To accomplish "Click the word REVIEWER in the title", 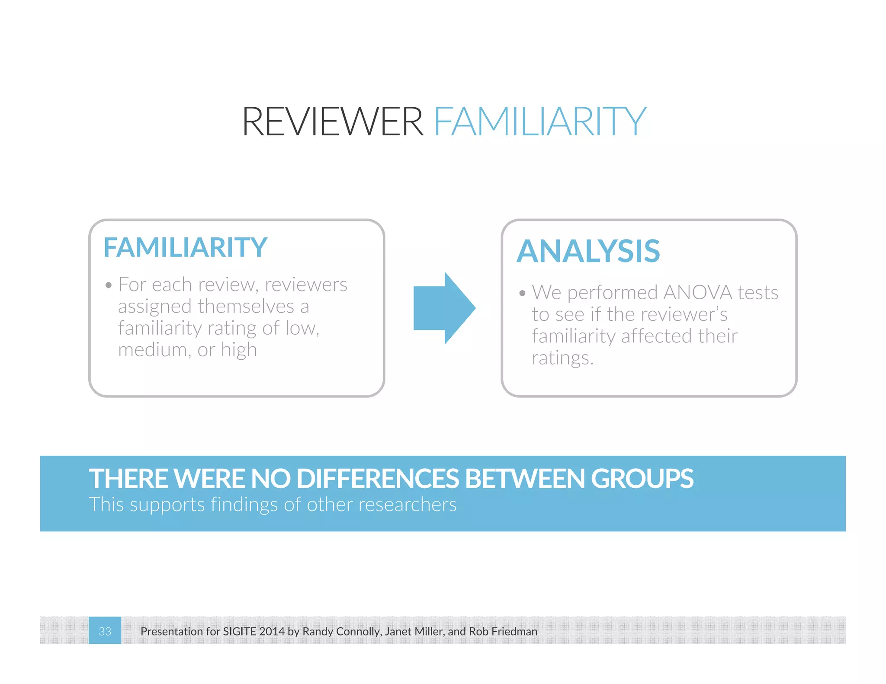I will pyautogui.click(x=332, y=122).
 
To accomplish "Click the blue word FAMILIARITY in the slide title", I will pyautogui.click(x=540, y=122).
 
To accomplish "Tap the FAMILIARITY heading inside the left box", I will pyautogui.click(x=185, y=247).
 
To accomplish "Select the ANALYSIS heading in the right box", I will pyautogui.click(x=588, y=251).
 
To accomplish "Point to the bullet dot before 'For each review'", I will pyautogui.click(x=109, y=285).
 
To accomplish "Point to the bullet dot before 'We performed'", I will pyautogui.click(x=522, y=293).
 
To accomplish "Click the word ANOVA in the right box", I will pyautogui.click(x=697, y=292).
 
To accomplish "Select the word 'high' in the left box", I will pyautogui.click(x=239, y=350).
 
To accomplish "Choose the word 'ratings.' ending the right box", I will pyautogui.click(x=562, y=358).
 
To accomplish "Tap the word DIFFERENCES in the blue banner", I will pyautogui.click(x=378, y=479).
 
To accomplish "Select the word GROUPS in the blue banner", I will pyautogui.click(x=642, y=479).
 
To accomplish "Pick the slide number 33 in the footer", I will pyautogui.click(x=105, y=631).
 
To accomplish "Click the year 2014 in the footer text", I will pyautogui.click(x=272, y=631).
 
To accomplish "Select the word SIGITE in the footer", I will pyautogui.click(x=240, y=631).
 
